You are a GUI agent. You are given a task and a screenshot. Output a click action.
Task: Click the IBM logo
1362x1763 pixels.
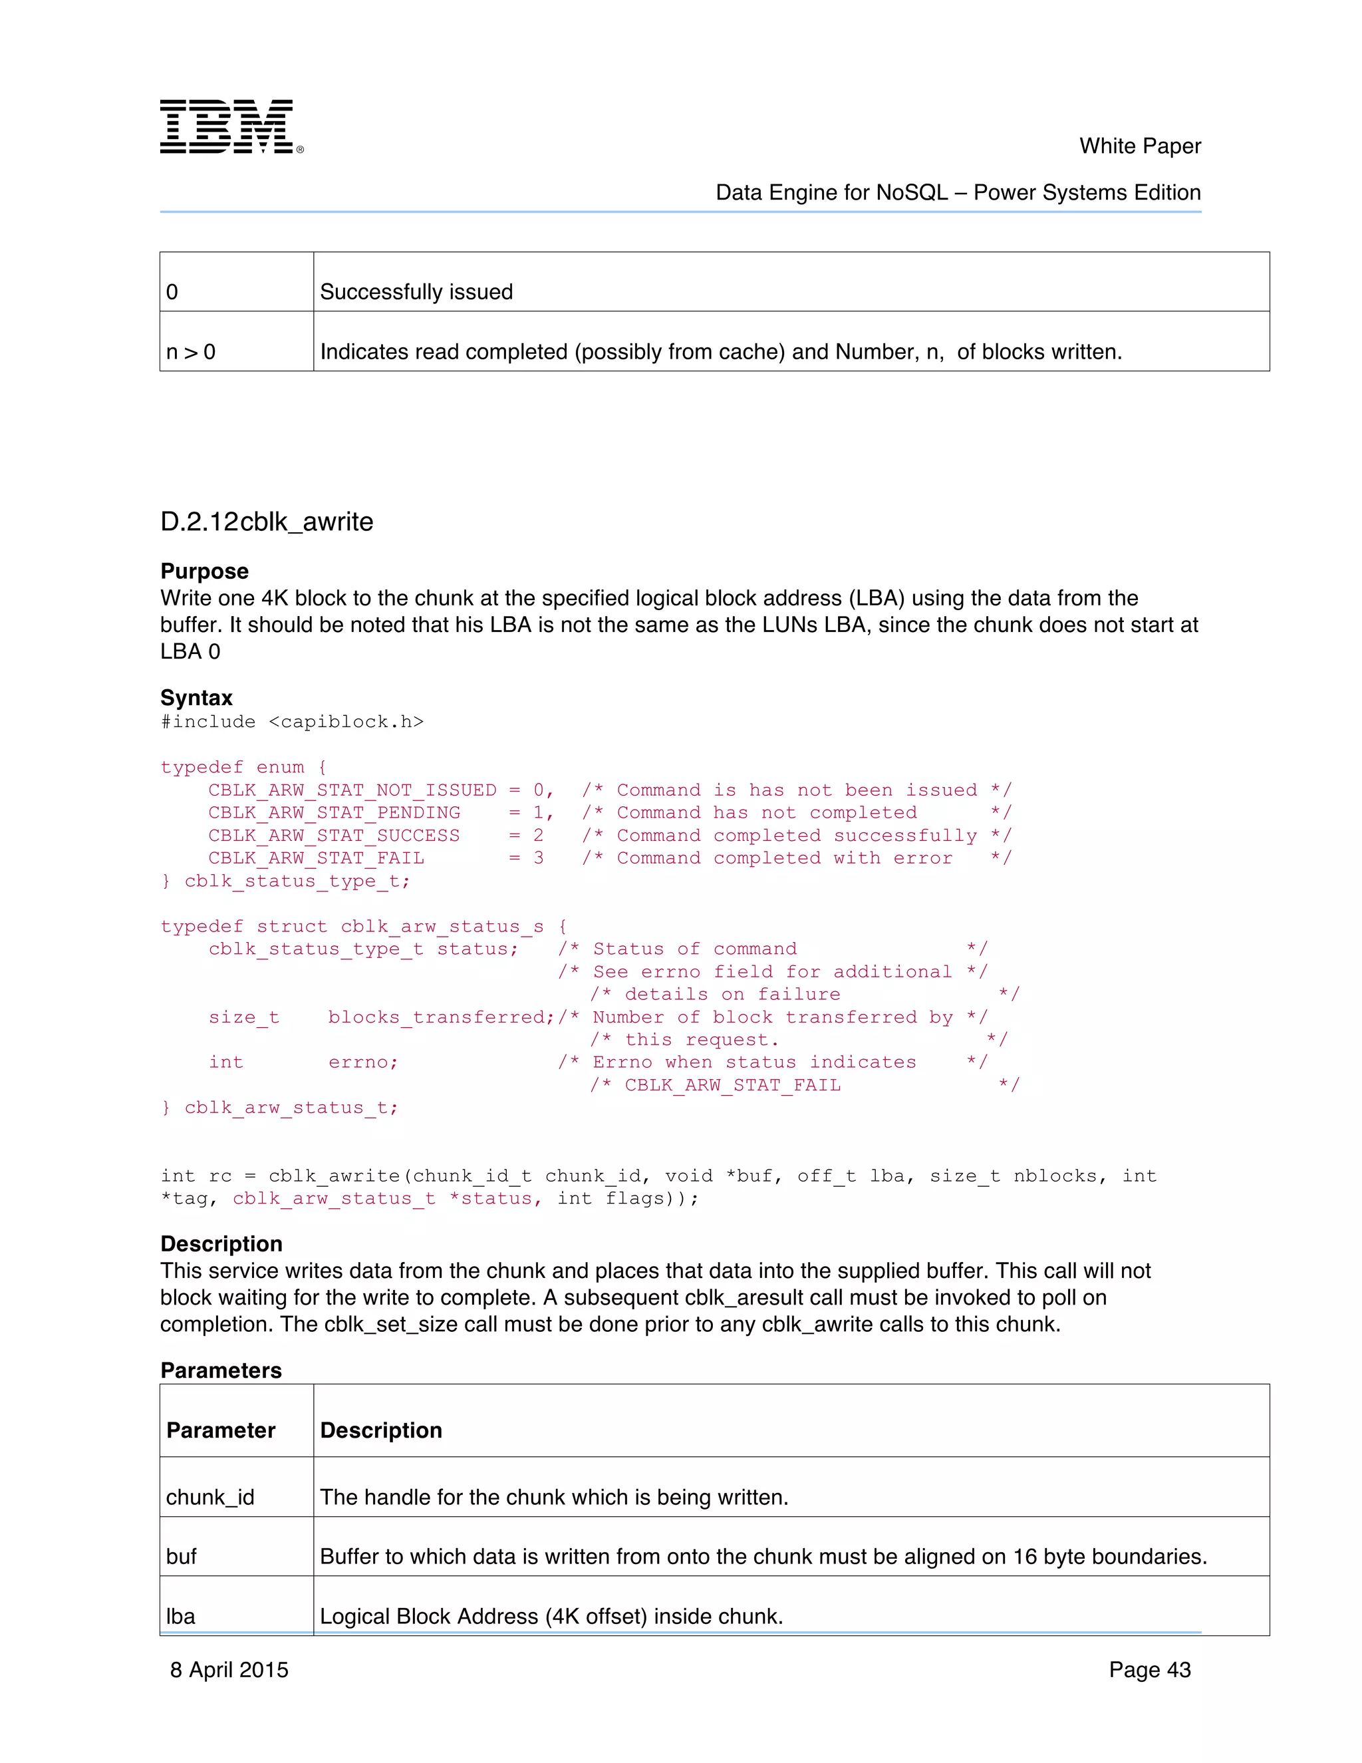231,126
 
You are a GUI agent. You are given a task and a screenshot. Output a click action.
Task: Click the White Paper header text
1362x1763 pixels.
1139,146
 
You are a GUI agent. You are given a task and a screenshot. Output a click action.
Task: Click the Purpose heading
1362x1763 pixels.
204,571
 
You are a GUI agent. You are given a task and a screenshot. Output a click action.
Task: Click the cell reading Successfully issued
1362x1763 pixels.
416,291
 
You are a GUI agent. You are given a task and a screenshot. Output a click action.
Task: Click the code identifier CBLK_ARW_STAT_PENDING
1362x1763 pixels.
334,812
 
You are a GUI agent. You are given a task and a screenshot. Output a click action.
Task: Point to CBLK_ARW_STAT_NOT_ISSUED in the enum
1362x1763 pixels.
352,790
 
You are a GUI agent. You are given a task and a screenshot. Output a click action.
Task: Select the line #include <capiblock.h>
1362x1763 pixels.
292,722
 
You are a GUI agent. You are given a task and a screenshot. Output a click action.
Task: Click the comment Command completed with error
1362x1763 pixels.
784,858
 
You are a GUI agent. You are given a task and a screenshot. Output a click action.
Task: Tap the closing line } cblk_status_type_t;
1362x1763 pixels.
285,881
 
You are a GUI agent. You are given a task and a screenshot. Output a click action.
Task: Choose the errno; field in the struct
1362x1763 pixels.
363,1062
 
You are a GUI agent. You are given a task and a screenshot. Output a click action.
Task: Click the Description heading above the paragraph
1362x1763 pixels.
221,1244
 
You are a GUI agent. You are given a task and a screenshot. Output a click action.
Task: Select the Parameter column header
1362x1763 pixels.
221,1430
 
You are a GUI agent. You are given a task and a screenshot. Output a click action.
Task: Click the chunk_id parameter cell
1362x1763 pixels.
209,1498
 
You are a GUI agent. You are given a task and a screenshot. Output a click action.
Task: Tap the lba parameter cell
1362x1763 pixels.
181,1616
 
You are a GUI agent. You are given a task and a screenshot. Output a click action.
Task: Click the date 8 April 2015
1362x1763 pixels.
229,1670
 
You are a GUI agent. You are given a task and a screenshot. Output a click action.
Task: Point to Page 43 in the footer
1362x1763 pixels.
1149,1670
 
